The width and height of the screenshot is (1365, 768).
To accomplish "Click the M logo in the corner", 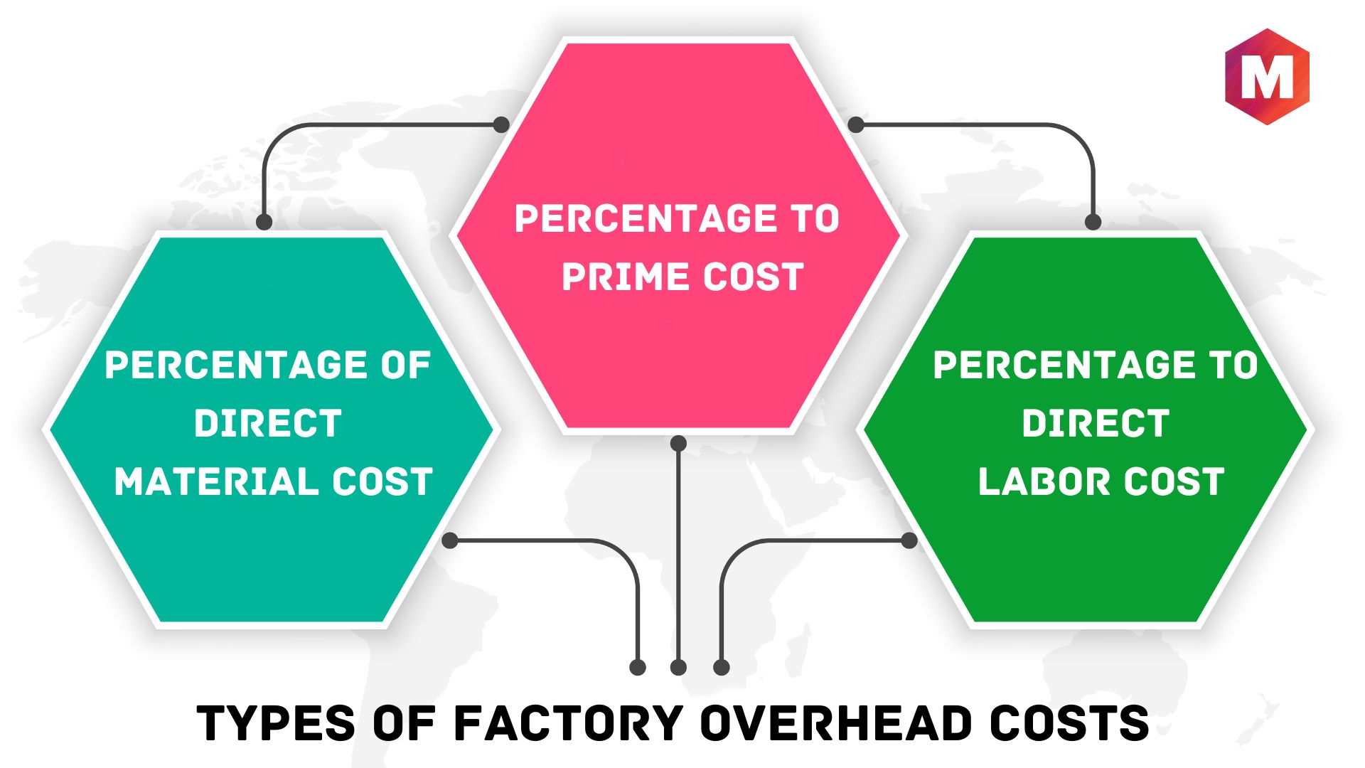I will point(1267,77).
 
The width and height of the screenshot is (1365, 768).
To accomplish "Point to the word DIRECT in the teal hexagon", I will point(268,423).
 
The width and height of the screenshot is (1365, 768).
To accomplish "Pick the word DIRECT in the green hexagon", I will point(1096,423).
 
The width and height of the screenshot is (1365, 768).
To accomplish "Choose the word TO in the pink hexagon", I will point(815,218).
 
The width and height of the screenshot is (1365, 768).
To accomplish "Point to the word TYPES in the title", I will point(276,723).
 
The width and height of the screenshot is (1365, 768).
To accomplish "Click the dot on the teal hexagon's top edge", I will point(264,222).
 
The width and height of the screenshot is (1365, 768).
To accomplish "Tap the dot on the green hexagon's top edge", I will point(1093,222).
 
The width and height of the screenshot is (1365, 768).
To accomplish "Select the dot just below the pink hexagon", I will point(678,444).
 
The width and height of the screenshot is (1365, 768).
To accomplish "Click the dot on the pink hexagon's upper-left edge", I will point(501,124).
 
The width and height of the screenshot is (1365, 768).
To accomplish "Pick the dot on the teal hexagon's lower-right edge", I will point(449,540).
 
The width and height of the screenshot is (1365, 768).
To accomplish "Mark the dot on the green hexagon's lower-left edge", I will point(909,540).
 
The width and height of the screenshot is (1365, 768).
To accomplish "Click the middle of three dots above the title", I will point(678,667).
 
